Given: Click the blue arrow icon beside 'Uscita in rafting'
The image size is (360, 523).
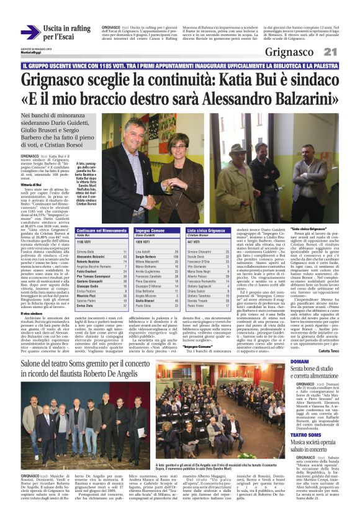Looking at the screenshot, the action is point(30,33).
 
